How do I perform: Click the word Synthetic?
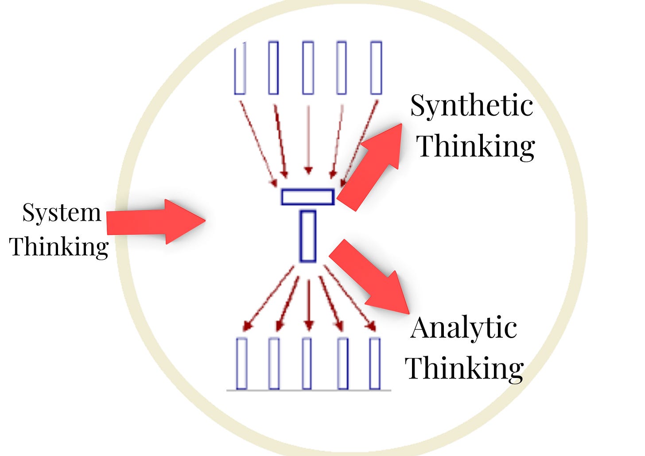pyautogui.click(x=471, y=106)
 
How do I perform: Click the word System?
pyautogui.click(x=62, y=214)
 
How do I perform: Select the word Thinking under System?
pyautogui.click(x=59, y=247)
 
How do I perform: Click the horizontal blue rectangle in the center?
pyautogui.click(x=307, y=197)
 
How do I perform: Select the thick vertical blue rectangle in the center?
pyautogui.click(x=308, y=236)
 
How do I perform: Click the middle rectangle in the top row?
pyautogui.click(x=308, y=68)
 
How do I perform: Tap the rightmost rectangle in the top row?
pyautogui.click(x=376, y=68)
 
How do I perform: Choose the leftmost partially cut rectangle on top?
pyautogui.click(x=240, y=68)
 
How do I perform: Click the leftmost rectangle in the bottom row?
pyautogui.click(x=241, y=363)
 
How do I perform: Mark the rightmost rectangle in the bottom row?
pyautogui.click(x=375, y=363)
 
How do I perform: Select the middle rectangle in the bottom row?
pyautogui.click(x=307, y=363)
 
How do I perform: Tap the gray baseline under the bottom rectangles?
pyautogui.click(x=309, y=390)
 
